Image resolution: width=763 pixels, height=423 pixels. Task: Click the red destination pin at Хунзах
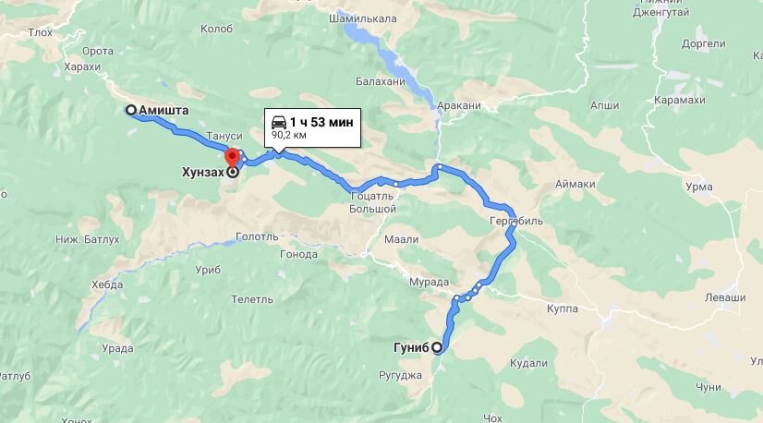pos(233,157)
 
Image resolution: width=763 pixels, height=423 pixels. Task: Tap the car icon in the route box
pos(277,122)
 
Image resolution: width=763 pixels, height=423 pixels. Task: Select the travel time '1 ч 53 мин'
pos(321,122)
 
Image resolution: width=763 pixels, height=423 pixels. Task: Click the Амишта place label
pos(164,111)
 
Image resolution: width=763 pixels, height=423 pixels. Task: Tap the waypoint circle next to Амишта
pos(131,111)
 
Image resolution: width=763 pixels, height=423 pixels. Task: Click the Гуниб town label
pos(410,348)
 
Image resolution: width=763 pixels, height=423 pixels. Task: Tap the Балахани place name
pos(379,81)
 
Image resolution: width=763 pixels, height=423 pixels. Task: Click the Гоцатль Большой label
pos(373,202)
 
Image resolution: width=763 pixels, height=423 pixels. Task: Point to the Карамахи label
pos(676,100)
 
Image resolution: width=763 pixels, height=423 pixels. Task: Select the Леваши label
pos(725,297)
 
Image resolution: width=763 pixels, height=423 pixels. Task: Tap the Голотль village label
pos(257,236)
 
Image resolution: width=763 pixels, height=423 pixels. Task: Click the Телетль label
pos(252,299)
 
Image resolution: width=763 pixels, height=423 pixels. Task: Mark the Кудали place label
pos(528,363)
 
